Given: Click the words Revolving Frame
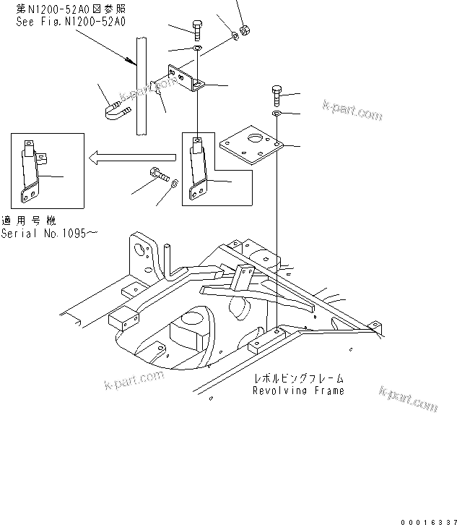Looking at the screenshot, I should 298,390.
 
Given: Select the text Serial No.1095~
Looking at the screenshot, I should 50,233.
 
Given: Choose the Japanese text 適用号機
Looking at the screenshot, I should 28,221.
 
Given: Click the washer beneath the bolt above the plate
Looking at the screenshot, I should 277,114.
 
